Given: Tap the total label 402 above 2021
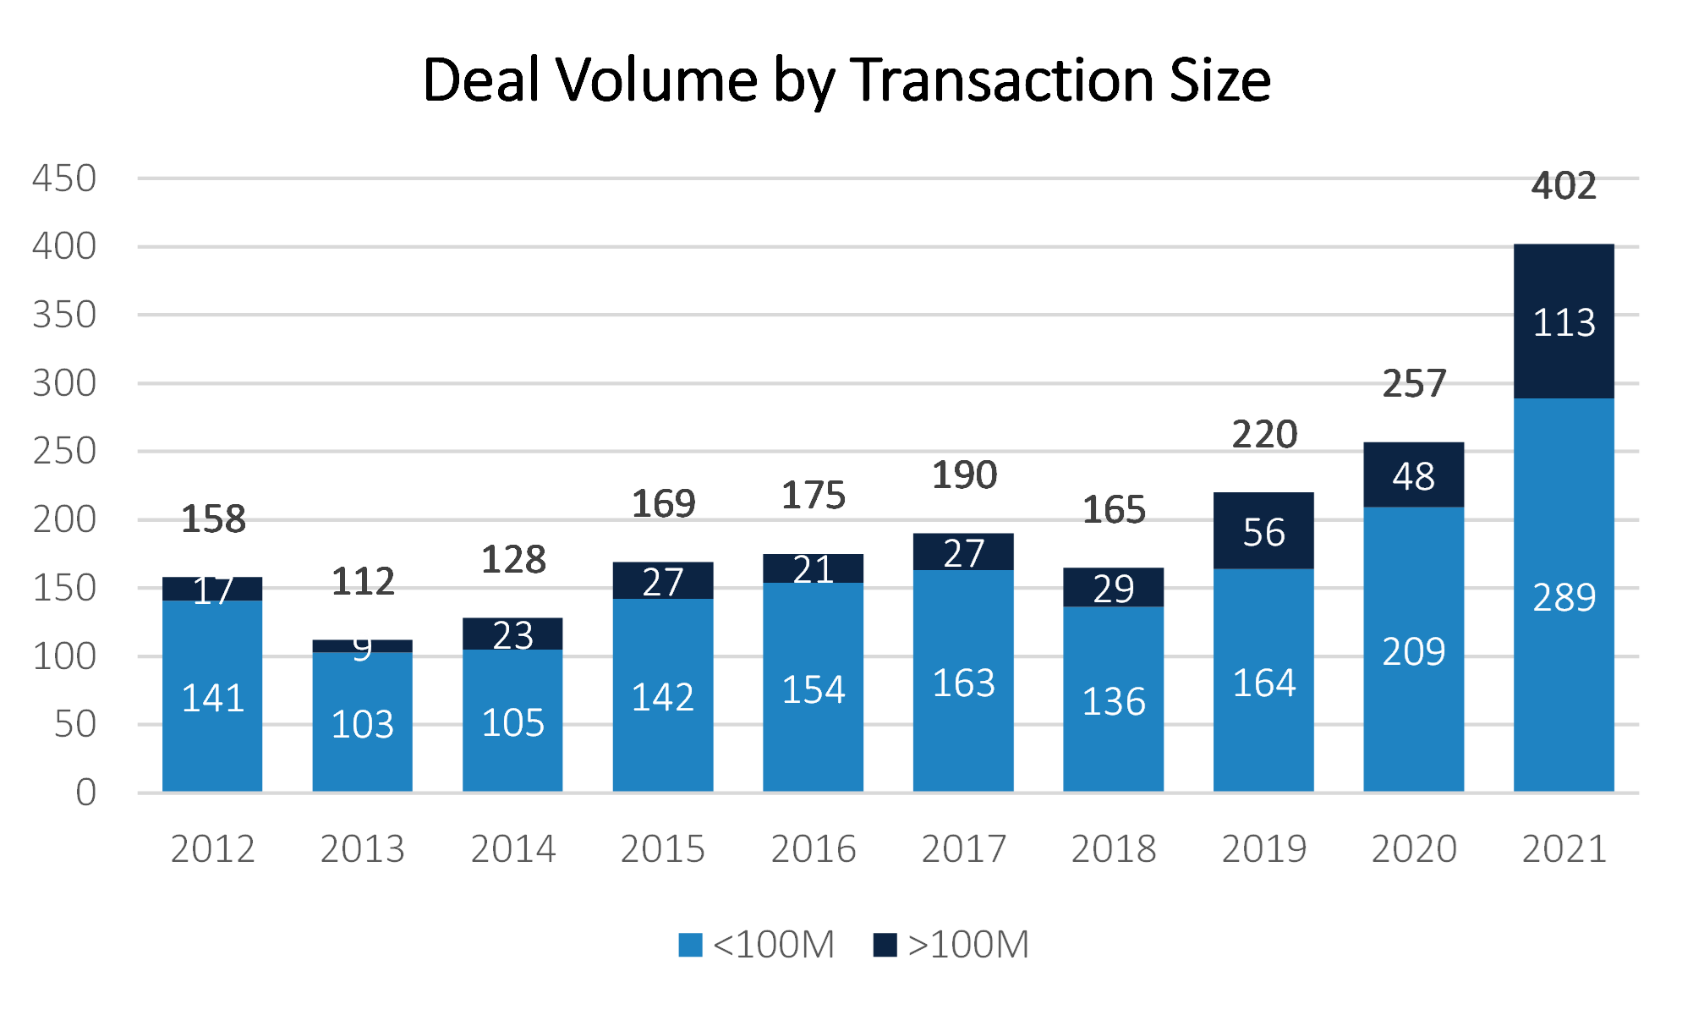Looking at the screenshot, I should coord(1564,186).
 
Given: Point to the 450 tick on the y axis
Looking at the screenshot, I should coord(64,178).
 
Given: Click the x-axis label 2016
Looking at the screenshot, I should coord(814,848).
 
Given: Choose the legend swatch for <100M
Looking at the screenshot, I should coord(690,945).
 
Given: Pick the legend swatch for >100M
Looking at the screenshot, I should coord(885,945).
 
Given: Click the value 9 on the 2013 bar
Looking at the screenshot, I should coord(362,647).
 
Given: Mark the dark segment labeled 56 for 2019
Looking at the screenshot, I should coord(1263,531).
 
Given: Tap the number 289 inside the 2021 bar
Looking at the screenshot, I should coord(1564,598).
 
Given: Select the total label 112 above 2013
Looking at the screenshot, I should coord(363,580).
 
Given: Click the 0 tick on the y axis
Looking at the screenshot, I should coord(85,793).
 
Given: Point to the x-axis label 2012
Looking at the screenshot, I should coord(212,848).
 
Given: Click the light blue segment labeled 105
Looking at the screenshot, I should coord(512,722).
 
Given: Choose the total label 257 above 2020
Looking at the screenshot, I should coord(1414,384).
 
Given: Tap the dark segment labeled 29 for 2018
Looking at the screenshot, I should coord(1113,588).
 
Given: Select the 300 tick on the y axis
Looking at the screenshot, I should coord(64,383).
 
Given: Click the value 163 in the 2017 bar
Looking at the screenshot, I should coord(963,683).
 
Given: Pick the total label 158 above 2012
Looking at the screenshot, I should coord(213,518).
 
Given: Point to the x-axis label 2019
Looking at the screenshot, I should coord(1263,848).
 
